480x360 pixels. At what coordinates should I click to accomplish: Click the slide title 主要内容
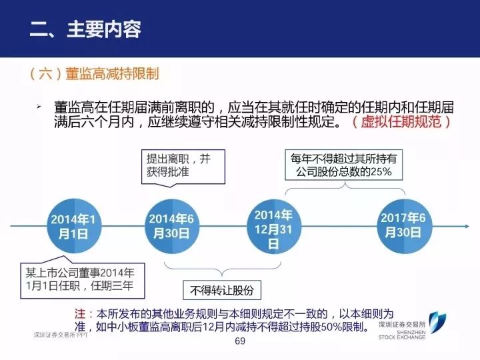click(x=103, y=29)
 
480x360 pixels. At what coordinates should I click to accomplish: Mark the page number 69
click(x=241, y=341)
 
